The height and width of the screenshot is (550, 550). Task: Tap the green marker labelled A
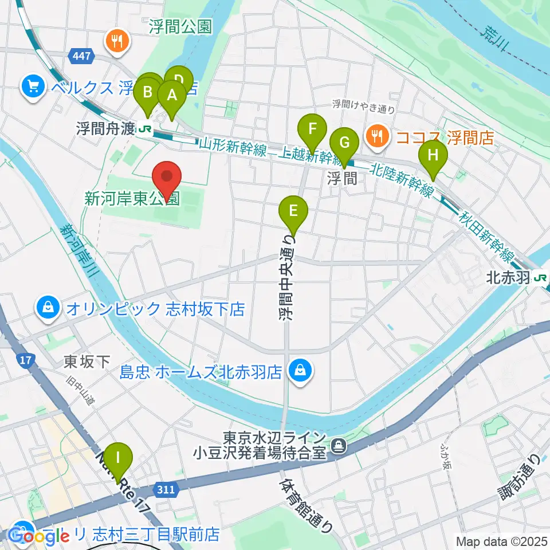pos(171,96)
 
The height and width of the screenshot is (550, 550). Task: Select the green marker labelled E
pos(293,211)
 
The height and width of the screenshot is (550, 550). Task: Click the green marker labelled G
pos(344,143)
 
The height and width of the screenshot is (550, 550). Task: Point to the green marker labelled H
pos(433,156)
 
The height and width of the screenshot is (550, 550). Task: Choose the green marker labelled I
pos(118,459)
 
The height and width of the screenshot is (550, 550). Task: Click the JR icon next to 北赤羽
pos(539,278)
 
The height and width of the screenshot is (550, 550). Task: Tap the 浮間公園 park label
pos(180,26)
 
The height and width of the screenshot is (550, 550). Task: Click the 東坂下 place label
pos(87,362)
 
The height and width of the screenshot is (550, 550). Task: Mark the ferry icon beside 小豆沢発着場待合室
pos(339,443)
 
